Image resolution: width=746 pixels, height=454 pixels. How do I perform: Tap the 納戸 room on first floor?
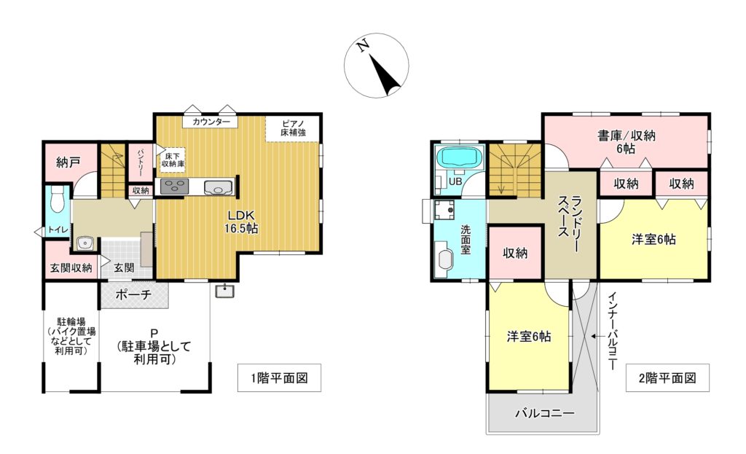click(x=68, y=162)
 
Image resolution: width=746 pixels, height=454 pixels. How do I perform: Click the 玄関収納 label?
click(x=71, y=267)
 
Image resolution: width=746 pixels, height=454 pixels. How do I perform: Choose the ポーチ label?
click(x=134, y=294)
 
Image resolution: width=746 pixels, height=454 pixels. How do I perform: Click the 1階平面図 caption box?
click(x=279, y=378)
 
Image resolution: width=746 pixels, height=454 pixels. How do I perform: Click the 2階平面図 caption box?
click(x=667, y=378)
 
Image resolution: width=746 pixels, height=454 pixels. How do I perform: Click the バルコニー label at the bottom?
click(x=545, y=413)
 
